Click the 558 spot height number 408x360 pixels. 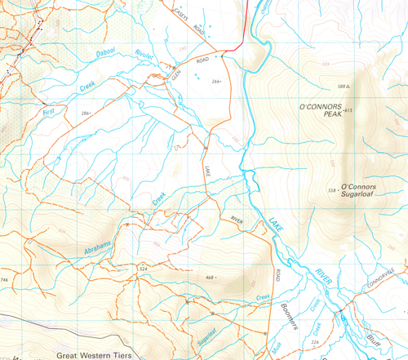click(332, 190)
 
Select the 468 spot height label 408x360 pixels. click(210, 278)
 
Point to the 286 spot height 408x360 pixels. click(86, 111)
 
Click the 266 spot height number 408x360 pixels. click(217, 82)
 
